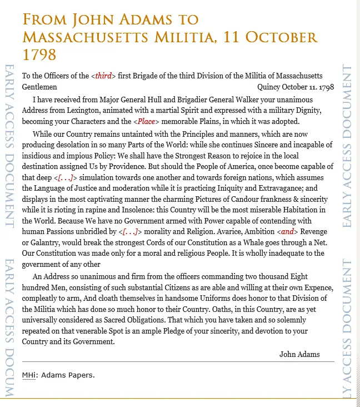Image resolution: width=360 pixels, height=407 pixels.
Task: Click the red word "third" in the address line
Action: [x=103, y=76]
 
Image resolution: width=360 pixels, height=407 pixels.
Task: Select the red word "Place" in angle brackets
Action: [x=147, y=121]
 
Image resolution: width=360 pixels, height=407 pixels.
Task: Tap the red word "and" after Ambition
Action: [x=287, y=231]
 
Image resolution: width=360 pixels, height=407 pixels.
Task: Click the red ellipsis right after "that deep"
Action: [x=65, y=177]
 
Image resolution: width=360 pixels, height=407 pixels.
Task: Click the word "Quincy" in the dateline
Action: [x=268, y=87]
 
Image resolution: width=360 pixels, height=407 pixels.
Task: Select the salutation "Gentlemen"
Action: [x=39, y=87]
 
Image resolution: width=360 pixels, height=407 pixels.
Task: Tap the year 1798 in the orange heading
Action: [x=39, y=55]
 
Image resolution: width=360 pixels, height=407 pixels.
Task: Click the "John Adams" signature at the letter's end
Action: [x=299, y=354]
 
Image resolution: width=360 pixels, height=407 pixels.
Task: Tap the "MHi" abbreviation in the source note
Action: [x=28, y=375]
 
